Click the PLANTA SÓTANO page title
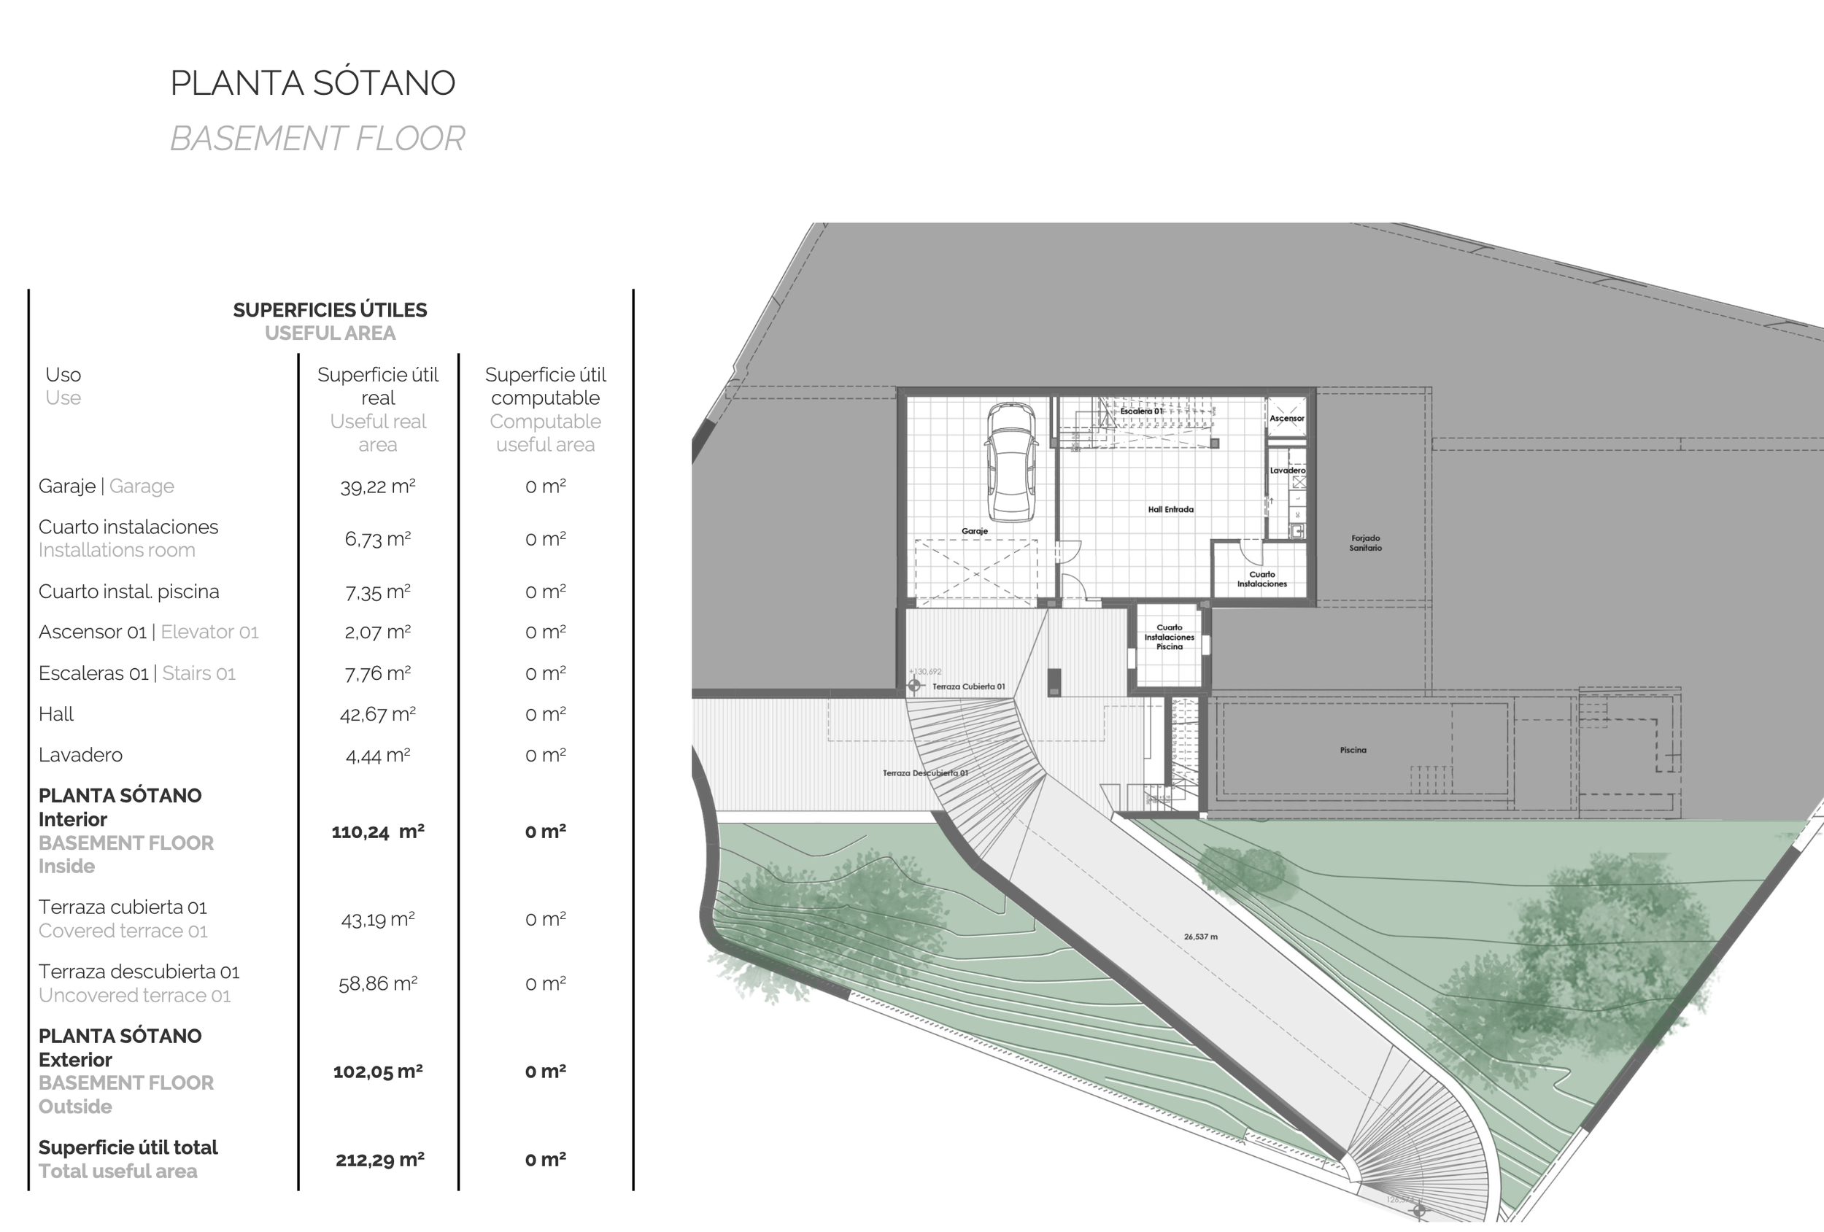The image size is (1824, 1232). click(x=312, y=83)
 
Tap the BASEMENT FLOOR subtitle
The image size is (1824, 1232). click(x=317, y=139)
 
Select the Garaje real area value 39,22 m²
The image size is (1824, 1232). click(x=377, y=487)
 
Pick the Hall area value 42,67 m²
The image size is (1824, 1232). click(x=377, y=714)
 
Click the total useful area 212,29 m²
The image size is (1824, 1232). click(x=380, y=1159)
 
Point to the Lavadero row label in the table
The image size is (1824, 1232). click(x=80, y=755)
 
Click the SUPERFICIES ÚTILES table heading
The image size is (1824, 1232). click(x=330, y=310)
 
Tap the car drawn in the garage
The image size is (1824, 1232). click(x=1011, y=462)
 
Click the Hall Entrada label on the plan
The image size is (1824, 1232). click(x=1170, y=509)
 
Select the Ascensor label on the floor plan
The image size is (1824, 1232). click(x=1286, y=418)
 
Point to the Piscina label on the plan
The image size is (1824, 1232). click(x=1353, y=750)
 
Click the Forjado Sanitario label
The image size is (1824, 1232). click(x=1366, y=543)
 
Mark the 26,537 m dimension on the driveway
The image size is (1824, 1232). click(x=1201, y=936)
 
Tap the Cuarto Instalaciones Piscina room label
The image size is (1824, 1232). click(x=1169, y=638)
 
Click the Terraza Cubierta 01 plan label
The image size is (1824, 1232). click(x=967, y=686)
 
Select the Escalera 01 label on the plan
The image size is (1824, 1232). click(x=1141, y=411)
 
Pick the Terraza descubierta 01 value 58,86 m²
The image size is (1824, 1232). click(x=377, y=983)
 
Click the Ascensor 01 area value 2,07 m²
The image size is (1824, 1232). click(x=377, y=632)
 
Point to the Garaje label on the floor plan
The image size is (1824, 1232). click(x=974, y=531)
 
